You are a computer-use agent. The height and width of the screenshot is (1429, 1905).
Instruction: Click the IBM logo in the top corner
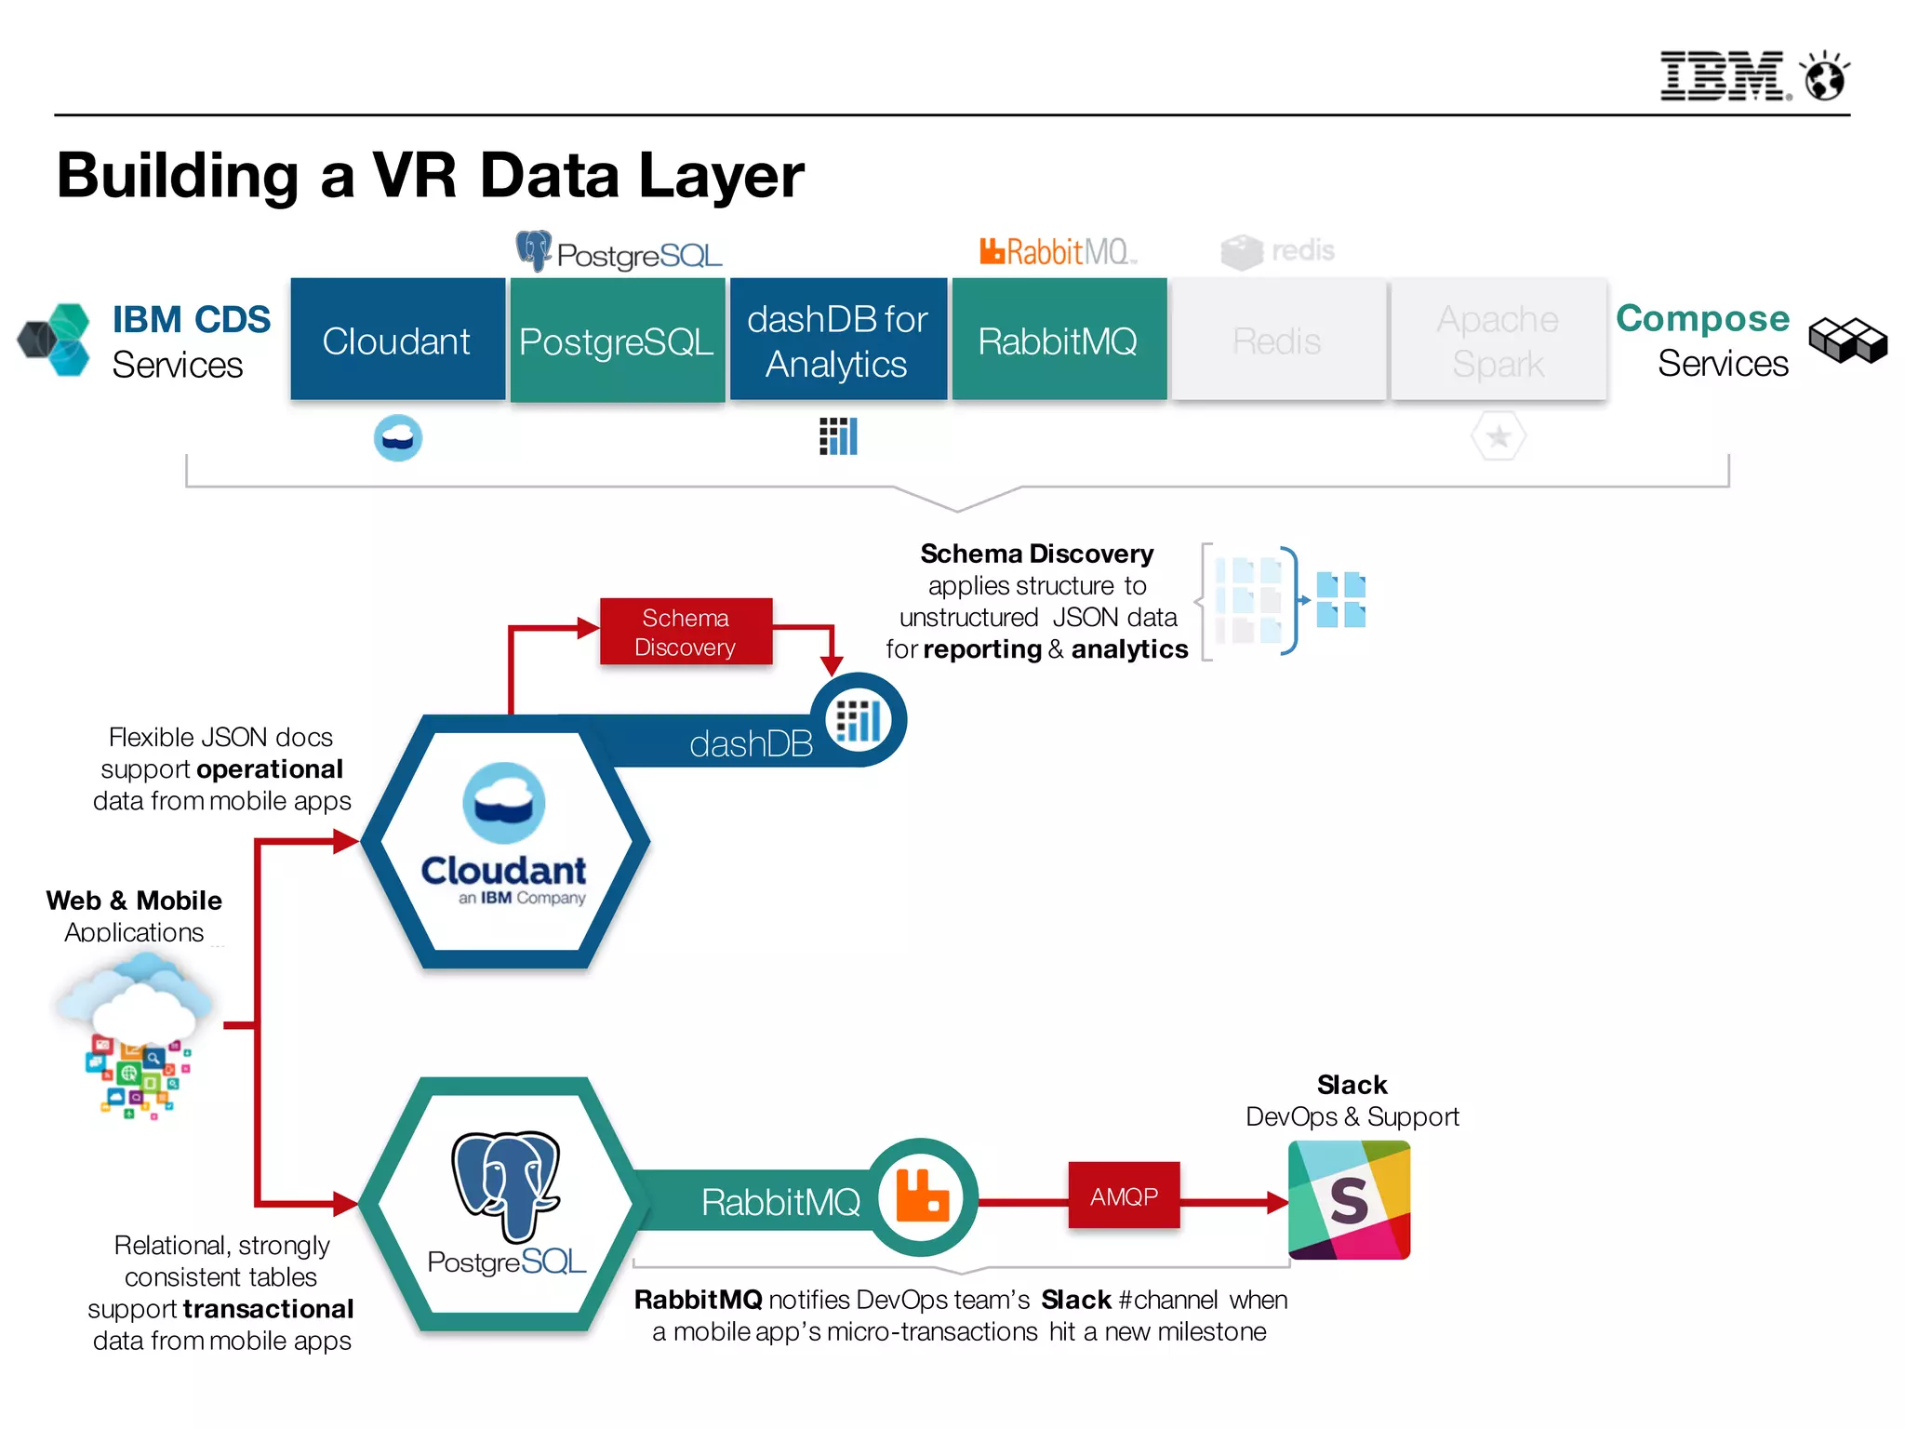pyautogui.click(x=1723, y=75)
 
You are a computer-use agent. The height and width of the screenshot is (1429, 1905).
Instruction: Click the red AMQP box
pyautogui.click(x=1124, y=1196)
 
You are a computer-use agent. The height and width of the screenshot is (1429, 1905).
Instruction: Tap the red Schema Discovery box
pyautogui.click(x=686, y=632)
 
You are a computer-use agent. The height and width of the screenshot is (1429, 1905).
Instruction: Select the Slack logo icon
pyautogui.click(x=1349, y=1200)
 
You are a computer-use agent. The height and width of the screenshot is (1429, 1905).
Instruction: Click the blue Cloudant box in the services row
pyautogui.click(x=397, y=341)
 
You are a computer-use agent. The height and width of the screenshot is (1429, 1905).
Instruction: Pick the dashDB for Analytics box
pyautogui.click(x=837, y=341)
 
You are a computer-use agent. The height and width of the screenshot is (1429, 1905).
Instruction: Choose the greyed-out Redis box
pyautogui.click(x=1277, y=341)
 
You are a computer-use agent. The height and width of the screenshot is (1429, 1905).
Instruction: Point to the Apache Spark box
pyautogui.click(x=1498, y=341)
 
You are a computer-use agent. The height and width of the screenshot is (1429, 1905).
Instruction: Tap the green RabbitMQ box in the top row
pyautogui.click(x=1058, y=341)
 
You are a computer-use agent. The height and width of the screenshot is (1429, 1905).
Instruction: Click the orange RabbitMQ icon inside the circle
pyautogui.click(x=922, y=1196)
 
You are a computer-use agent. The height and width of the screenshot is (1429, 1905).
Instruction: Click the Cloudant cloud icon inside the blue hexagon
pyautogui.click(x=504, y=802)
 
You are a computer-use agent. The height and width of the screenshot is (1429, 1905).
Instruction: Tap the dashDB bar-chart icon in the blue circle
pyautogui.click(x=858, y=720)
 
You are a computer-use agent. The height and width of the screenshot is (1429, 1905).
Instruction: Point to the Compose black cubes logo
pyautogui.click(x=1847, y=341)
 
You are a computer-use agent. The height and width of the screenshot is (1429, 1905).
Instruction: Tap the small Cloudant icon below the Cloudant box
pyautogui.click(x=398, y=437)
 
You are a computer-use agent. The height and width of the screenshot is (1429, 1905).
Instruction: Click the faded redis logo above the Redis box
pyautogui.click(x=1278, y=251)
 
